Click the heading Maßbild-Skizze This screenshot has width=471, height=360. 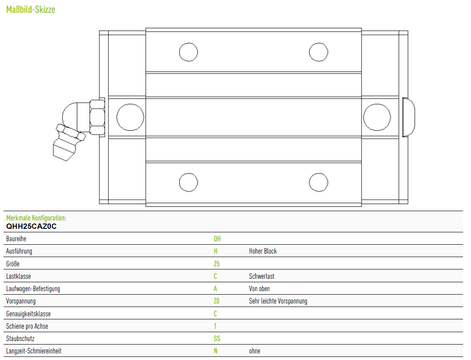[x=30, y=10]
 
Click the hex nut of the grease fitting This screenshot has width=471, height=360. [x=97, y=117]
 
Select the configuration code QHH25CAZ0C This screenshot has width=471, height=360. [x=31, y=226]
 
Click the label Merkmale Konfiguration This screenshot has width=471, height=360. [x=36, y=218]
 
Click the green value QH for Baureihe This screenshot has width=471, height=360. [x=217, y=239]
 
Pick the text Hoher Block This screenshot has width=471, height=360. [x=263, y=251]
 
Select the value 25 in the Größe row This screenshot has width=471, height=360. [x=217, y=264]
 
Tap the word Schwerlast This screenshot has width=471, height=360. [x=262, y=276]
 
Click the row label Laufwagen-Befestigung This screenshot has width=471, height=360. [x=33, y=289]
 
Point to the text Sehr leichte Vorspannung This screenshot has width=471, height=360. [x=278, y=301]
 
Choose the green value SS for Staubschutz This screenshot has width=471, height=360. [x=217, y=338]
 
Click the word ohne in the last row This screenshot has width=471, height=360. [x=254, y=351]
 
